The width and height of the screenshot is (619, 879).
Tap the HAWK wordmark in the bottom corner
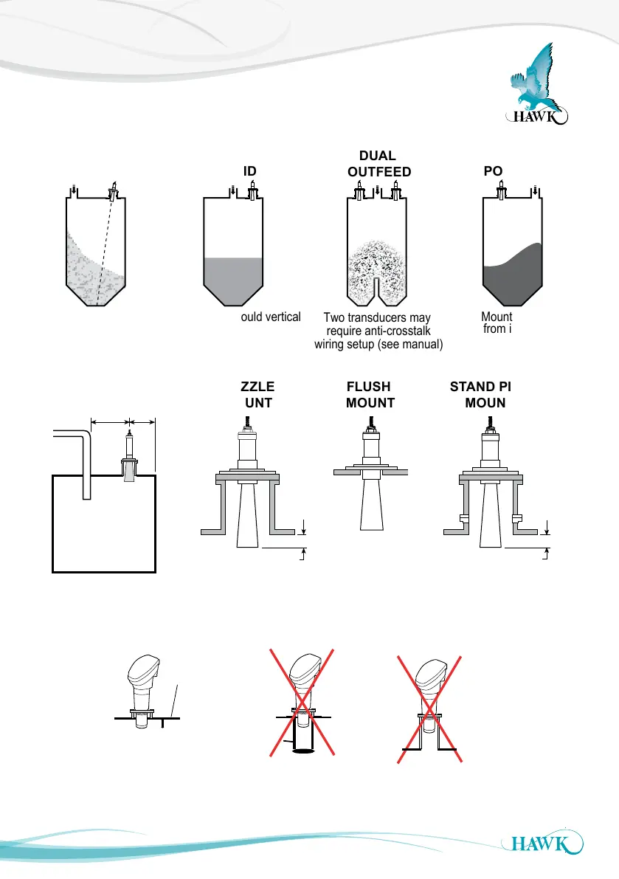pyautogui.click(x=542, y=843)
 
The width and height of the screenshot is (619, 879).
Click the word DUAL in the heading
pyautogui.click(x=377, y=156)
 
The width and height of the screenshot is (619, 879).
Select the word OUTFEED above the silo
pyautogui.click(x=378, y=172)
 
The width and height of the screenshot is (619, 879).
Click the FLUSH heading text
pyautogui.click(x=368, y=387)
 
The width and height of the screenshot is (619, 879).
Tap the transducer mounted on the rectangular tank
pyautogui.click(x=129, y=458)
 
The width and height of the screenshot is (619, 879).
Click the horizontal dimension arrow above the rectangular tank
pyautogui.click(x=122, y=422)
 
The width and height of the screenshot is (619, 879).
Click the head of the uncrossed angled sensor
pyautogui.click(x=143, y=669)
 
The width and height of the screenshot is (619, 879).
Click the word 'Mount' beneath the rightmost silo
pyautogui.click(x=496, y=317)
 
